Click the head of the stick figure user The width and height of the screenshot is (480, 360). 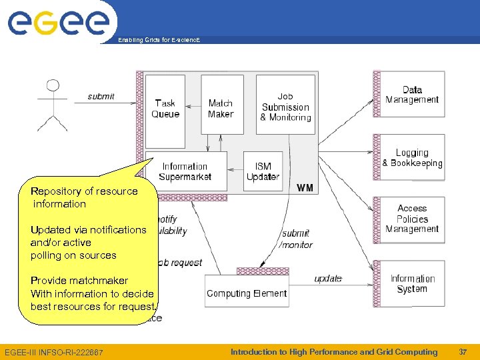coord(52,87)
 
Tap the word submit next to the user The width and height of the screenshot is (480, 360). coord(101,97)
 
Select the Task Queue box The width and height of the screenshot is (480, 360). coord(165,109)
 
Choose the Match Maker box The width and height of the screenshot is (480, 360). coord(221,109)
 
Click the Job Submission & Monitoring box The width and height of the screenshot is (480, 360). coord(285,107)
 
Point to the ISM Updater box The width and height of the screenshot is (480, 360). coord(263,171)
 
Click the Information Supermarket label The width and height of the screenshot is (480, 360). coord(186,171)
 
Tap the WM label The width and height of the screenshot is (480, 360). coord(305,188)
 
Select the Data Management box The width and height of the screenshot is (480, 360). coord(412,95)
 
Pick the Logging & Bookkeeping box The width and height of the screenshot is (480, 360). coord(412,158)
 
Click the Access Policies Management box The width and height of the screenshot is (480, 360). coord(412,219)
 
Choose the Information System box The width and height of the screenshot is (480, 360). coord(412,283)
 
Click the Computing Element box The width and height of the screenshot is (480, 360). coord(247,293)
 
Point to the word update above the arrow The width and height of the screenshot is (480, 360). coord(328,279)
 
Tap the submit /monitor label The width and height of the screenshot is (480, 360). coord(296,239)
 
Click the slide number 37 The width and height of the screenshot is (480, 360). coord(463,352)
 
